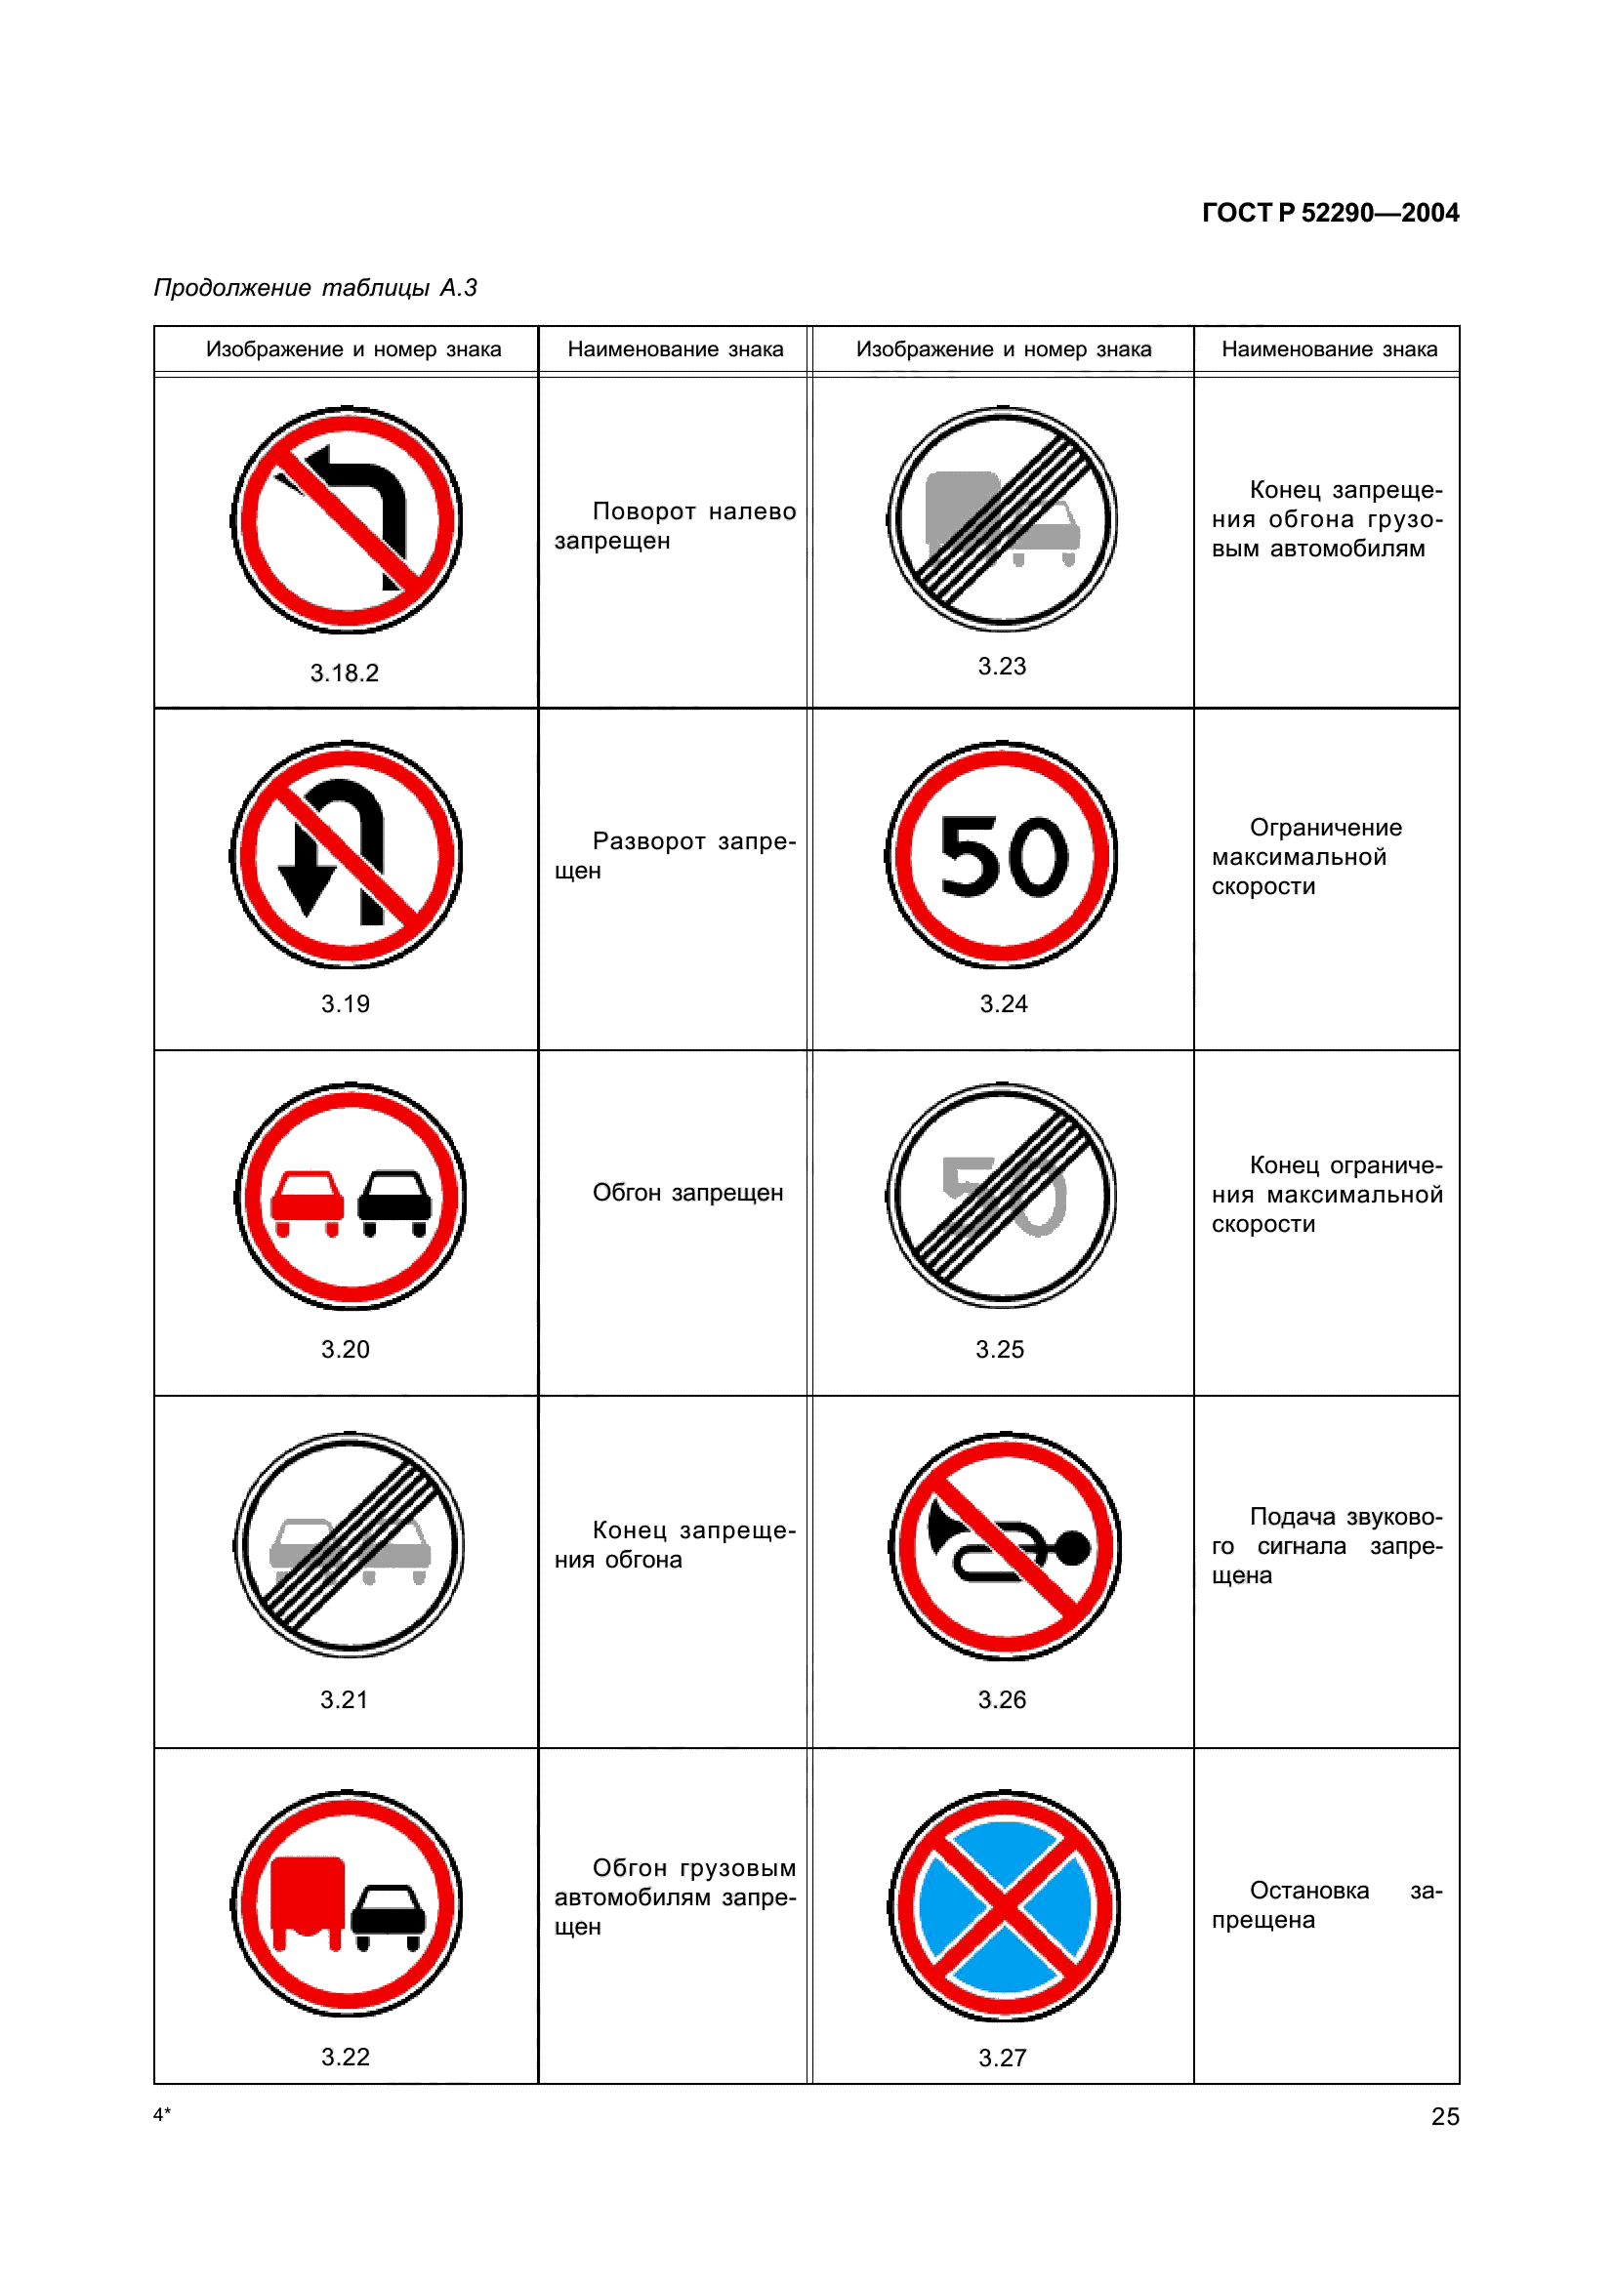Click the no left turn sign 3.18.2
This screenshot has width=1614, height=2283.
click(x=346, y=520)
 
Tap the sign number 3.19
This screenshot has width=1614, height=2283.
click(x=345, y=1004)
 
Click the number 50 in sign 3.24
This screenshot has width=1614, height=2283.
click(x=1003, y=856)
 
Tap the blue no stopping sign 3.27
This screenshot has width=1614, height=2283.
click(x=1005, y=1906)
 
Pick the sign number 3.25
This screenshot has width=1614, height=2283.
click(x=1000, y=1349)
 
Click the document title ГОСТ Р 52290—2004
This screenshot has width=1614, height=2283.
click(x=1330, y=213)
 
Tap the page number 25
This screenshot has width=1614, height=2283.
click(x=1445, y=2116)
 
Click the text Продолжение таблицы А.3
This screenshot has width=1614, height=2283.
click(x=315, y=287)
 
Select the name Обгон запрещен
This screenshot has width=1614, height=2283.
click(x=687, y=1192)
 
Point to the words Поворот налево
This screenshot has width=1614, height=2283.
click(x=694, y=511)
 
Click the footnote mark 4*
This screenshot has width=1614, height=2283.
click(x=162, y=2114)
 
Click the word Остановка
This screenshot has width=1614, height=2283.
click(x=1308, y=1891)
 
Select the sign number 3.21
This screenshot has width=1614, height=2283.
click(x=344, y=1699)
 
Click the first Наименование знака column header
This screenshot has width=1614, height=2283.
click(x=676, y=349)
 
